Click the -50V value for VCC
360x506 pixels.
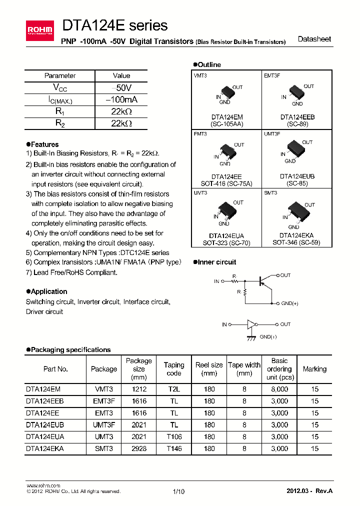(x=121, y=87)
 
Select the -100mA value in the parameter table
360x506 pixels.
(x=121, y=99)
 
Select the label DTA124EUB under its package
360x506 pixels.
(x=297, y=176)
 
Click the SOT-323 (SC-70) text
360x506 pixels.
(x=227, y=242)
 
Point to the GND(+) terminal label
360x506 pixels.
(x=289, y=303)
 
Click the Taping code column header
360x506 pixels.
(x=174, y=369)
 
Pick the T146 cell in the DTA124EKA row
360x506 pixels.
(x=174, y=448)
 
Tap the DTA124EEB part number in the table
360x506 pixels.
(x=44, y=400)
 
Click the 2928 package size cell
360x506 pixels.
(x=138, y=448)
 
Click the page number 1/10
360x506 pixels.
(x=178, y=491)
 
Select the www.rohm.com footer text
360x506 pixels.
(x=43, y=485)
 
